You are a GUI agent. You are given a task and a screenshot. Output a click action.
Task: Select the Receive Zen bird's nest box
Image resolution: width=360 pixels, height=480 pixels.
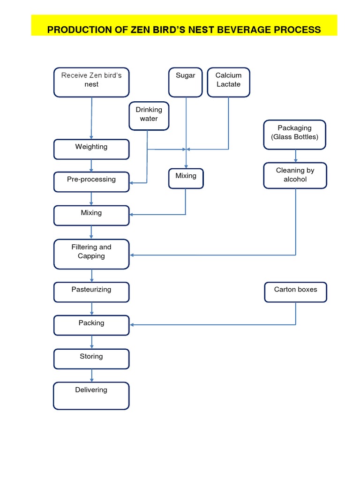point(91,82)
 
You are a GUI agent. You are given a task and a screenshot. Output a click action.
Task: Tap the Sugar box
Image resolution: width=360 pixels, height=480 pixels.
point(186,82)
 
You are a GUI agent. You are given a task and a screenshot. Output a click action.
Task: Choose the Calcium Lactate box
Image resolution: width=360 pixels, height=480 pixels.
point(228,82)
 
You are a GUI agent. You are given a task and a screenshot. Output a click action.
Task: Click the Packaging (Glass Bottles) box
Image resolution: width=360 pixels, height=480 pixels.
point(295,135)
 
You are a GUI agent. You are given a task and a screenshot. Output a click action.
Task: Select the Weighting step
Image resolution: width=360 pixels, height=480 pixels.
point(91,149)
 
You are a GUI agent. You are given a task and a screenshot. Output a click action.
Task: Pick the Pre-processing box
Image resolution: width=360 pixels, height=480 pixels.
point(91,182)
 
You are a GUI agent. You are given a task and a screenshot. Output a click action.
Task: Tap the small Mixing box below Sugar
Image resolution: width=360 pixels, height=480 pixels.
point(186,178)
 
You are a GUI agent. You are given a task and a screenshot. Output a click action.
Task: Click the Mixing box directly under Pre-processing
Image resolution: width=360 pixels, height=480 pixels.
point(91,215)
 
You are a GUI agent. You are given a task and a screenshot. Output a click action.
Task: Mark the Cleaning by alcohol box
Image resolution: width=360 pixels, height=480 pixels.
point(295,175)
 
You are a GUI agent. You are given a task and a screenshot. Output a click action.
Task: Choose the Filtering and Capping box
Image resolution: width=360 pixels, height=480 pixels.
point(91,254)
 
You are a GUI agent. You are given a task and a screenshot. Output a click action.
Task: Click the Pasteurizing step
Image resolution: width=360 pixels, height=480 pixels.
point(91,292)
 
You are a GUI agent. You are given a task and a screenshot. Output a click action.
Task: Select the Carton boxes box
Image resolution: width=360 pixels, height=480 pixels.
point(295,292)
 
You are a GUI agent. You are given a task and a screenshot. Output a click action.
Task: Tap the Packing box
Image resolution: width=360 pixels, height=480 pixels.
point(91,325)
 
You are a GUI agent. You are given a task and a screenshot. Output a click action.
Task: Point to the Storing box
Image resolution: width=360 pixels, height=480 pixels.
point(91,359)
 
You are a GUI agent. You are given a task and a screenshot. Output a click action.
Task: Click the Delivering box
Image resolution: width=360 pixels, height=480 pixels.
point(91,396)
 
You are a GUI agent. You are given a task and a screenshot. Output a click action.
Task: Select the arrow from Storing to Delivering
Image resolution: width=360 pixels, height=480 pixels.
point(91,375)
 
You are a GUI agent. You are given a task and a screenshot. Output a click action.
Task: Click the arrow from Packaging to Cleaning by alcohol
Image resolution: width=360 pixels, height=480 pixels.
point(295,156)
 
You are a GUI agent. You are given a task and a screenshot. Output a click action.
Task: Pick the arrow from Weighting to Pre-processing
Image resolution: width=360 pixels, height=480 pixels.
point(91,165)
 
